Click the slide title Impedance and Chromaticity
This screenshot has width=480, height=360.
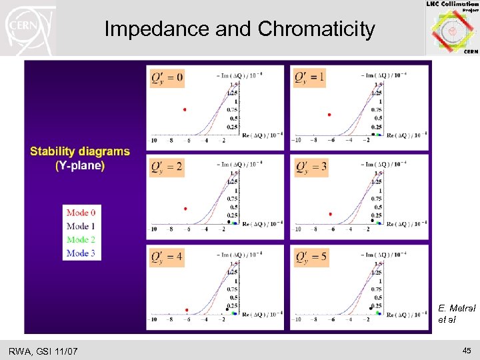(x=239, y=29)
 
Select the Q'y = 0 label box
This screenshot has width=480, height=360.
(x=167, y=79)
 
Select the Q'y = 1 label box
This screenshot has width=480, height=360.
(x=310, y=79)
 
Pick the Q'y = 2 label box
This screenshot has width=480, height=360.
(x=167, y=167)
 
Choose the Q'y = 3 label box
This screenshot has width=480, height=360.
(x=310, y=167)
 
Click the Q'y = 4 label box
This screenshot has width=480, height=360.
(x=167, y=256)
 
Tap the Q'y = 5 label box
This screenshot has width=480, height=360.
(x=310, y=256)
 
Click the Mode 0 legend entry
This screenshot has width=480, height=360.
(x=81, y=213)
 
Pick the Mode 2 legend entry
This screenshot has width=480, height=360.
(x=81, y=239)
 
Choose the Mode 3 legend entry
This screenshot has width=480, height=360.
(x=81, y=253)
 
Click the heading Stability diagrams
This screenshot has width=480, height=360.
(x=80, y=151)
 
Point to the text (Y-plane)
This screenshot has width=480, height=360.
(x=80, y=165)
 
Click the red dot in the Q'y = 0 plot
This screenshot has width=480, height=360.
(x=185, y=109)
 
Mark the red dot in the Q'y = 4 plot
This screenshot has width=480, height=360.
(x=187, y=310)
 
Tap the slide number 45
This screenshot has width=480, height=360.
(x=467, y=351)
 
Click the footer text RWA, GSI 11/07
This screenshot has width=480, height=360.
(x=43, y=351)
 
